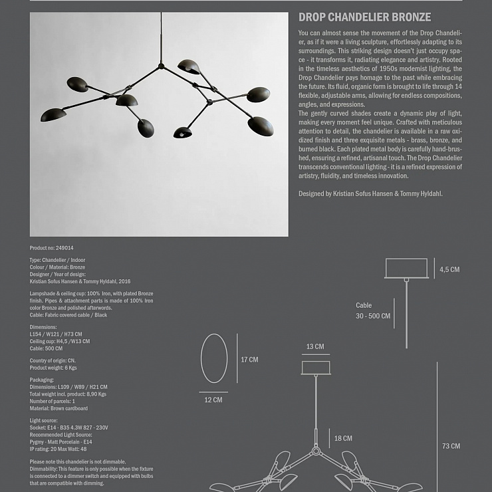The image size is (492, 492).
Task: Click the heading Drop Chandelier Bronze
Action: (364, 18)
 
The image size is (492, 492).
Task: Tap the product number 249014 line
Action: (52, 248)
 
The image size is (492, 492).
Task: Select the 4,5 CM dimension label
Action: (449, 269)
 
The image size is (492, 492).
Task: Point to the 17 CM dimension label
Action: (249, 360)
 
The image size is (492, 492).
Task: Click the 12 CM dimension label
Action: (213, 400)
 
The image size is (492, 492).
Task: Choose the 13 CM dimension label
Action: (315, 346)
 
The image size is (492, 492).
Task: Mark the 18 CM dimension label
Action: (343, 438)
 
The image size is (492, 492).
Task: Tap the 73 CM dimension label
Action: (451, 446)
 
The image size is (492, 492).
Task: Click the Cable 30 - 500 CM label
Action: (373, 310)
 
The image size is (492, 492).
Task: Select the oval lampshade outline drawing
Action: (214, 359)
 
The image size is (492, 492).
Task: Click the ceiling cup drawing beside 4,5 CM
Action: (406, 269)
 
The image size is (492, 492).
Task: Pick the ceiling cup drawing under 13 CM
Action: (315, 368)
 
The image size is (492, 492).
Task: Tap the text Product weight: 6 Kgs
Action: (53, 368)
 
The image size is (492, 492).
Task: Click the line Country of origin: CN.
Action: (53, 360)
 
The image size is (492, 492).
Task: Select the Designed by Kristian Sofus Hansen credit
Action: (370, 193)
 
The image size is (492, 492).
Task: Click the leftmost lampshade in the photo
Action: (53, 114)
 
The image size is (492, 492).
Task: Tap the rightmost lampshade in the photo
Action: (261, 125)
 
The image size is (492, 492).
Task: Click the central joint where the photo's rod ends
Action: (160, 66)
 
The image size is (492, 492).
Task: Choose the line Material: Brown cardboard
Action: (59, 408)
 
